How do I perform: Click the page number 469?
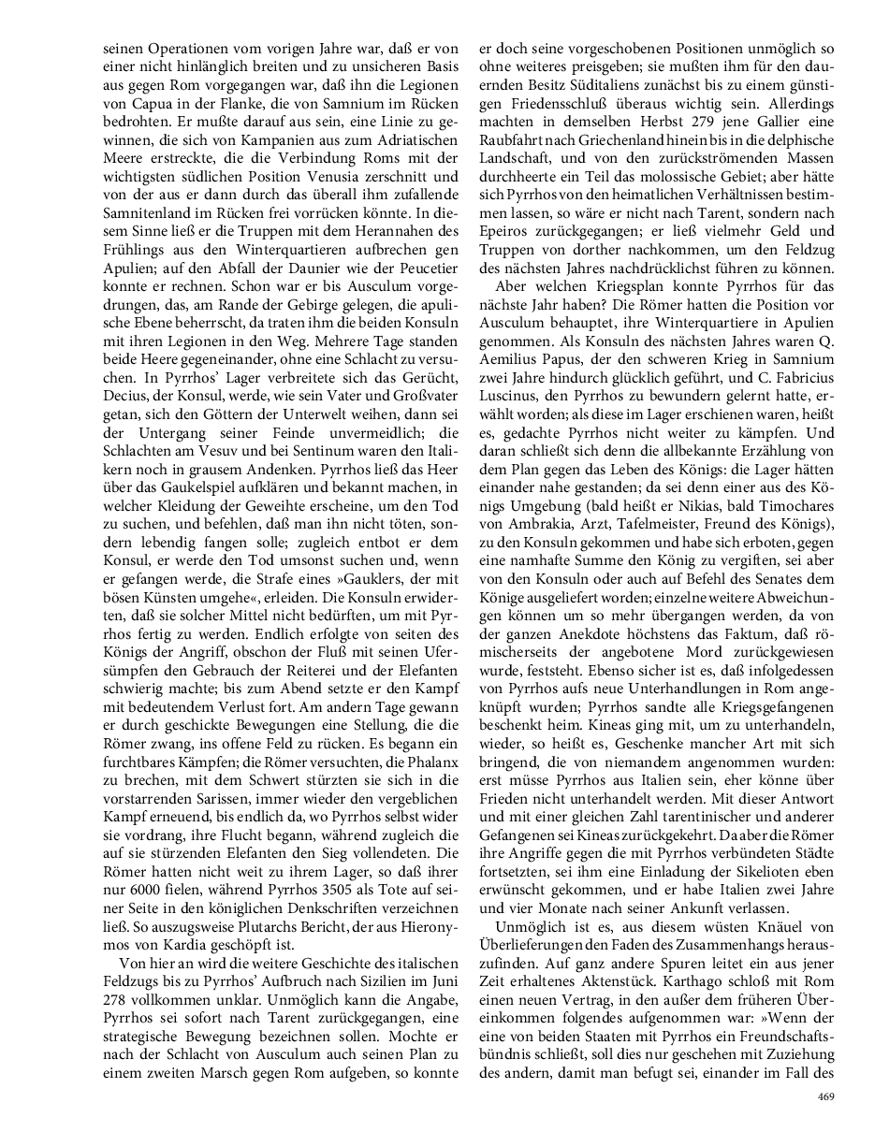[824, 1096]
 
